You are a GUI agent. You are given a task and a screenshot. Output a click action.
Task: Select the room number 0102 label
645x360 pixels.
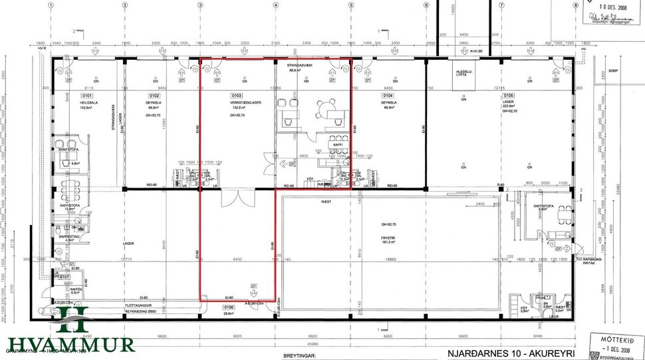pos(153,96)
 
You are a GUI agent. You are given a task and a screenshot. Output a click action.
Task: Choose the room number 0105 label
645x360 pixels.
pos(509,96)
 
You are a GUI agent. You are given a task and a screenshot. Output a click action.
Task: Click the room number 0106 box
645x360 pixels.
pos(229,307)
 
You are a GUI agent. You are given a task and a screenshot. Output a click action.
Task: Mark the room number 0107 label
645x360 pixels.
pos(64,275)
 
